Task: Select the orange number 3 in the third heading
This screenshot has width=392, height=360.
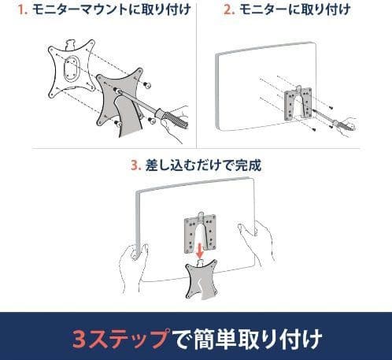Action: tap(134, 166)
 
